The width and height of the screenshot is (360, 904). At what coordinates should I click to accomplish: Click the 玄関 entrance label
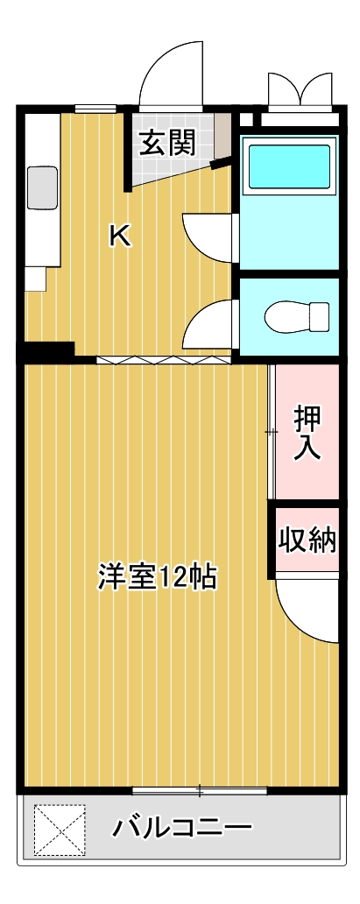pyautogui.click(x=166, y=142)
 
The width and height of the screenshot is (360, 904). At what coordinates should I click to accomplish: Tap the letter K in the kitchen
pyautogui.click(x=120, y=236)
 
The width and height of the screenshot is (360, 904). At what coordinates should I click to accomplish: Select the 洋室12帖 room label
pyautogui.click(x=157, y=578)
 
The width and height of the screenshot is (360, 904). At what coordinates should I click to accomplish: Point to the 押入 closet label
pyautogui.click(x=307, y=432)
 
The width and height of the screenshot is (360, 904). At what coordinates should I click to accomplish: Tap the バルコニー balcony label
pyautogui.click(x=182, y=826)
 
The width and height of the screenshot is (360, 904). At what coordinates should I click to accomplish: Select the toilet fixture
pyautogui.click(x=295, y=316)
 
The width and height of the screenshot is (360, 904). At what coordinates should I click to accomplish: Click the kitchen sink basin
pyautogui.click(x=41, y=187)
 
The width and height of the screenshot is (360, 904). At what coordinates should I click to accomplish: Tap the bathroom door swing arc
pyautogui.click(x=207, y=234)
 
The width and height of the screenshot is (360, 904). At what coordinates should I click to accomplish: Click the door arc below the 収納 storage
pyautogui.click(x=306, y=613)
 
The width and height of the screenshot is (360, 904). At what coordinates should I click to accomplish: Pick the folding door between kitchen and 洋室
pyautogui.click(x=164, y=359)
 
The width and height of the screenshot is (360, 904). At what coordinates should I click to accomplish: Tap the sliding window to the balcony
pyautogui.click(x=199, y=791)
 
